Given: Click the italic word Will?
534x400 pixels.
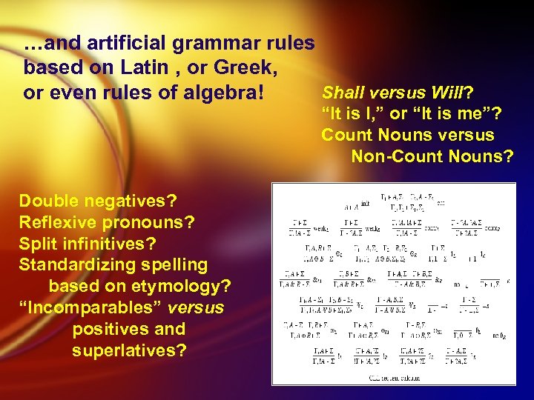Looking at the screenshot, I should click(x=454, y=93).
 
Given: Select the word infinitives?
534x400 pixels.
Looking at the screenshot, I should click(x=108, y=243).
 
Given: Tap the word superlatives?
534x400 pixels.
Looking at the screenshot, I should click(x=129, y=350).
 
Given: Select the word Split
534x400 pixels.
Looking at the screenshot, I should click(x=36, y=243).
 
